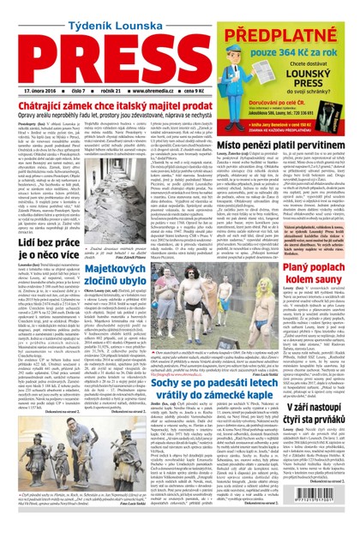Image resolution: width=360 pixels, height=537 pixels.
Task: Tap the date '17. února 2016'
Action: (x=42, y=89)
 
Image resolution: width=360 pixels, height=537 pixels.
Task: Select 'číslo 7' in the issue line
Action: (x=77, y=89)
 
